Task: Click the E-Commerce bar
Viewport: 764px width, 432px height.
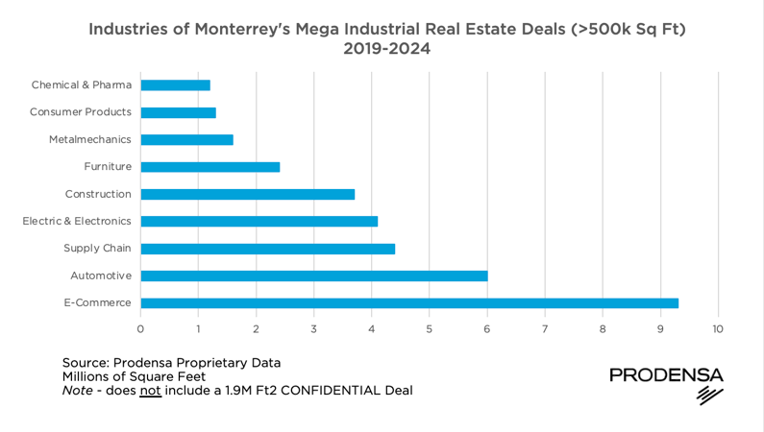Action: pyautogui.click(x=409, y=303)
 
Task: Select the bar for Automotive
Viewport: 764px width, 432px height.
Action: pyautogui.click(x=314, y=276)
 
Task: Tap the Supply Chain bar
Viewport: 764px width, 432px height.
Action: pyautogui.click(x=268, y=249)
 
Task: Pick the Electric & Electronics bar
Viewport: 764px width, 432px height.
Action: pyautogui.click(x=259, y=221)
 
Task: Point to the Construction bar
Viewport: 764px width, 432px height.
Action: pyautogui.click(x=248, y=194)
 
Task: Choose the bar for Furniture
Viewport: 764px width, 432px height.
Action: pyautogui.click(x=210, y=167)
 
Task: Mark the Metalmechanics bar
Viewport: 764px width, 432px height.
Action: pyautogui.click(x=187, y=139)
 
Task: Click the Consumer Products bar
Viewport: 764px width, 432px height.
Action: pyautogui.click(x=179, y=112)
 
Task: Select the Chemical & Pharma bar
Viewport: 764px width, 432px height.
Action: pyautogui.click(x=176, y=85)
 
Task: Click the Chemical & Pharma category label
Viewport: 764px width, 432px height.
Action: pyautogui.click(x=81, y=85)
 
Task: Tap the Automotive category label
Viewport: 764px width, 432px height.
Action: pyautogui.click(x=101, y=276)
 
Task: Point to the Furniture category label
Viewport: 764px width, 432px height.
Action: pyautogui.click(x=108, y=167)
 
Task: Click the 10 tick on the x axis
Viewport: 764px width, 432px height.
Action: pyautogui.click(x=718, y=328)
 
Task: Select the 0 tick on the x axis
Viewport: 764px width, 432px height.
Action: pyautogui.click(x=140, y=328)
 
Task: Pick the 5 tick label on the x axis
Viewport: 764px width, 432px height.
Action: pyautogui.click(x=430, y=328)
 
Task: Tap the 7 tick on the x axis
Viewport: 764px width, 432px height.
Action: pyautogui.click(x=545, y=328)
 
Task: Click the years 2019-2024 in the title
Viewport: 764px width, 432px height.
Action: pyautogui.click(x=386, y=48)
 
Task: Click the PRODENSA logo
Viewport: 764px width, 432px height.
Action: pyautogui.click(x=666, y=382)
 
